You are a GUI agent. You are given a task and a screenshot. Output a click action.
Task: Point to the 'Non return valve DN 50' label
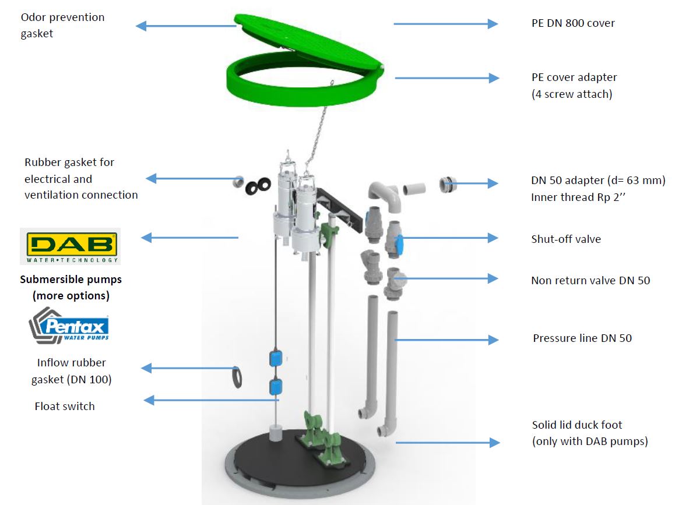(x=590, y=281)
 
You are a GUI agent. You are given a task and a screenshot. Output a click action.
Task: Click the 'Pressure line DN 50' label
(x=582, y=338)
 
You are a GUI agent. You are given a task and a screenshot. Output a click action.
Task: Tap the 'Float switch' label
(x=64, y=407)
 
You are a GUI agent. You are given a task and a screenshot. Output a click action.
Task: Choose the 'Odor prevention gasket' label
(x=62, y=26)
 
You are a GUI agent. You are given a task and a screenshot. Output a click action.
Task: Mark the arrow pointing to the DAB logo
(x=190, y=238)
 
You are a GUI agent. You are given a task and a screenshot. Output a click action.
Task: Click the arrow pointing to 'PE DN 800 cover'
(x=445, y=24)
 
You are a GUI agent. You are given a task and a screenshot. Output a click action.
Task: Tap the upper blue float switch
(x=275, y=358)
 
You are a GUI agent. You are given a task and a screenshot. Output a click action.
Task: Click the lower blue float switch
(x=275, y=386)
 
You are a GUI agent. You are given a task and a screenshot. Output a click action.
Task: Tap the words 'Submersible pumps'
(x=71, y=280)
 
